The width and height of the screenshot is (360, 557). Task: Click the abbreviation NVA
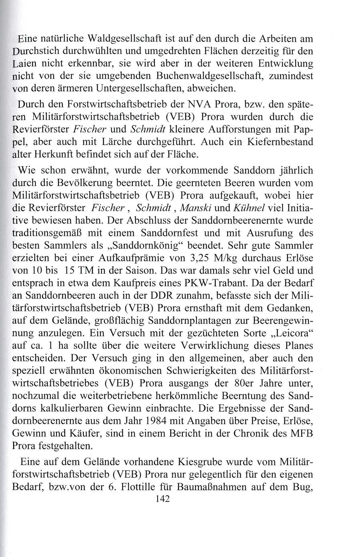pos(196,105)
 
